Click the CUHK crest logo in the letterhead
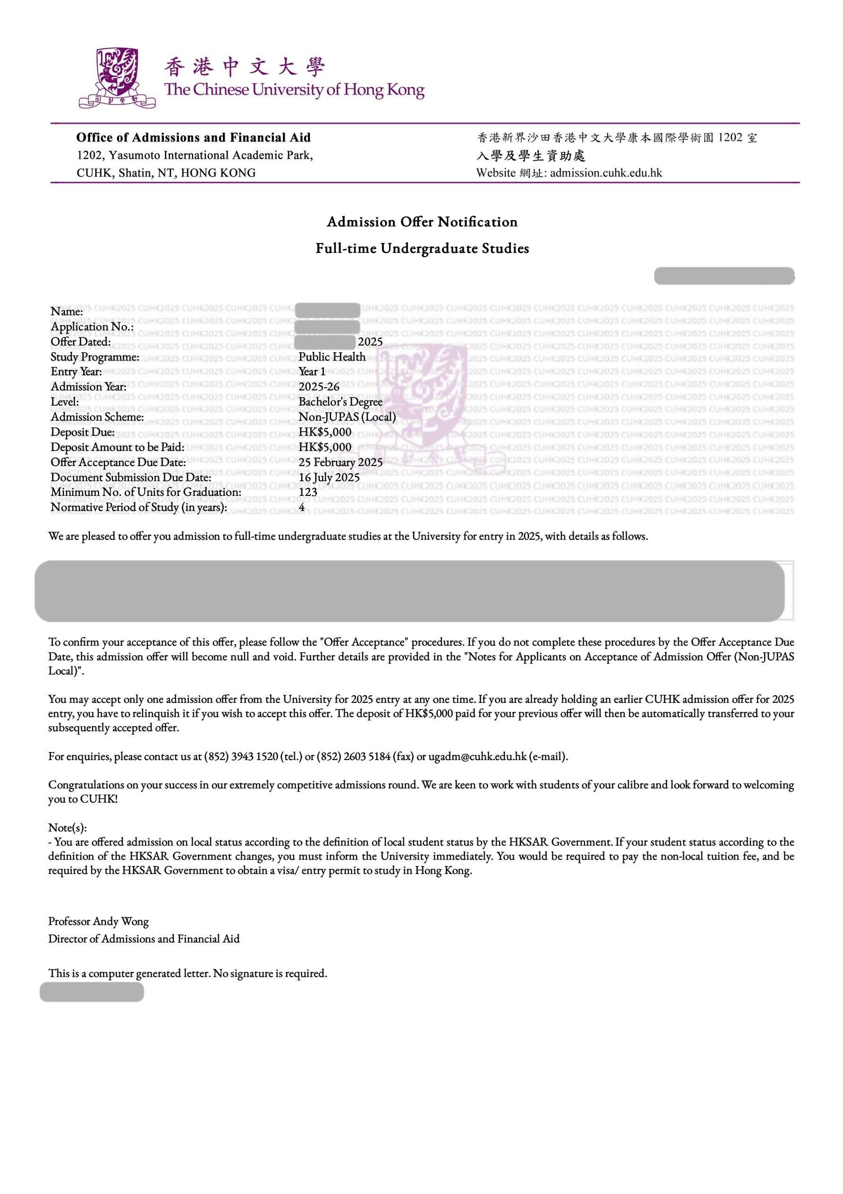[x=118, y=78]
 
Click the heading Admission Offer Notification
[x=422, y=222]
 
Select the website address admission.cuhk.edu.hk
[x=606, y=173]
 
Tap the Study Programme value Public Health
[x=332, y=357]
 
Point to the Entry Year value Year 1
[x=312, y=372]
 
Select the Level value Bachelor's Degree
[x=341, y=402]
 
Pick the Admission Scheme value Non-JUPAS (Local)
[x=347, y=417]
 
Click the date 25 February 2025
[x=341, y=462]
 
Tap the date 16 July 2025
[x=329, y=477]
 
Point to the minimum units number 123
[x=307, y=492]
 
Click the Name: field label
[x=67, y=312]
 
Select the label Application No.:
[x=92, y=327]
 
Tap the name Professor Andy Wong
[x=98, y=922]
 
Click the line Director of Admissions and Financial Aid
[x=144, y=939]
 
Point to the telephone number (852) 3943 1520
[x=241, y=757]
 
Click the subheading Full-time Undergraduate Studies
[x=422, y=249]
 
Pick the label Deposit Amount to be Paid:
[x=118, y=447]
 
